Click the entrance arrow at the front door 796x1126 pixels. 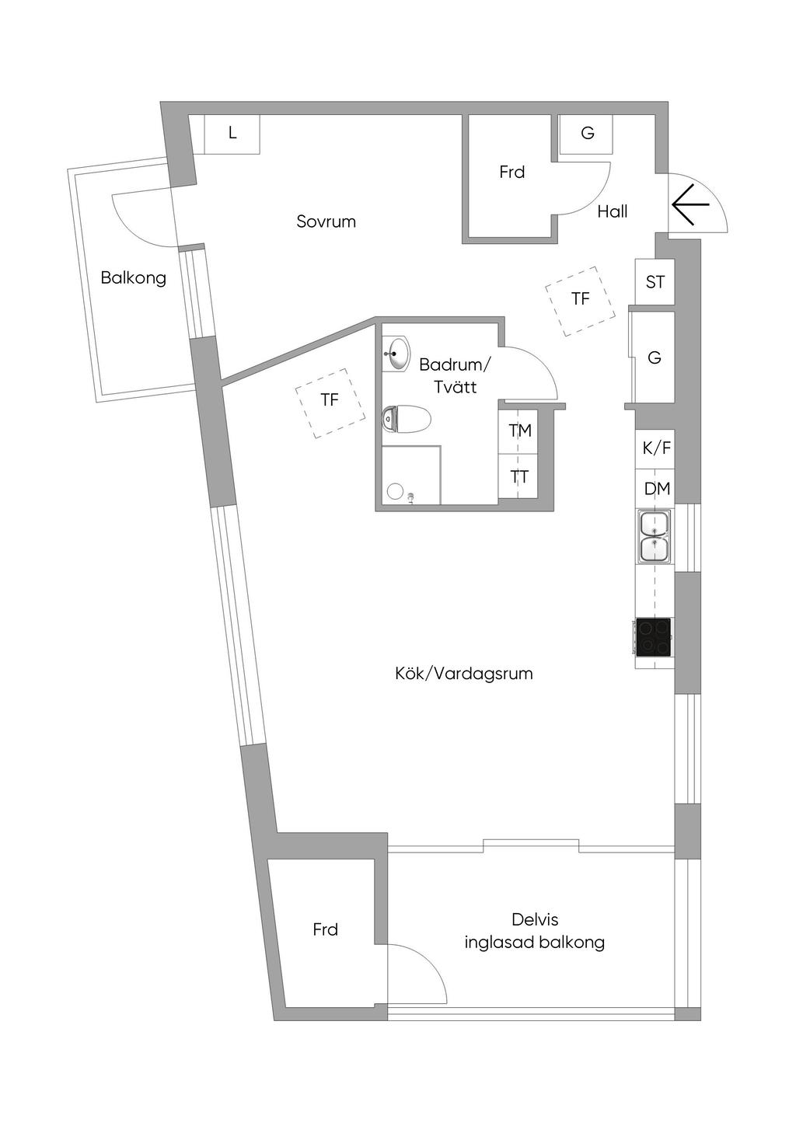pyautogui.click(x=690, y=204)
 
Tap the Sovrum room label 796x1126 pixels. pyautogui.click(x=326, y=221)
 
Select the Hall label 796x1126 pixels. pyautogui.click(x=612, y=211)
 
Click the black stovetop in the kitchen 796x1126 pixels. pyautogui.click(x=653, y=637)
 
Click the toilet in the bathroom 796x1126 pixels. pyautogui.click(x=407, y=418)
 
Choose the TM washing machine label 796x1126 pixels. pyautogui.click(x=520, y=431)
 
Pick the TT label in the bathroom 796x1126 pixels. pyautogui.click(x=519, y=476)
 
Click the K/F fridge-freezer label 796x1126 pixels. pyautogui.click(x=657, y=448)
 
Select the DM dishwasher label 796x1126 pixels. pyautogui.click(x=657, y=488)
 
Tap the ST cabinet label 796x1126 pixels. pyautogui.click(x=655, y=282)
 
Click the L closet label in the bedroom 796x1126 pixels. pyautogui.click(x=232, y=133)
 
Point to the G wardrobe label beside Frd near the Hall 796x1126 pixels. pyautogui.click(x=588, y=133)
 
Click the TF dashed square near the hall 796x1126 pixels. pyautogui.click(x=580, y=301)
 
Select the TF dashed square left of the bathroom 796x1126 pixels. pyautogui.click(x=330, y=403)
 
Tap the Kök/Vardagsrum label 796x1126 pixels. pyautogui.click(x=463, y=674)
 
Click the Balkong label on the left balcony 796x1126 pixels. pyautogui.click(x=133, y=278)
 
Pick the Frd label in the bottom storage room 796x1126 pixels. pyautogui.click(x=325, y=929)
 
